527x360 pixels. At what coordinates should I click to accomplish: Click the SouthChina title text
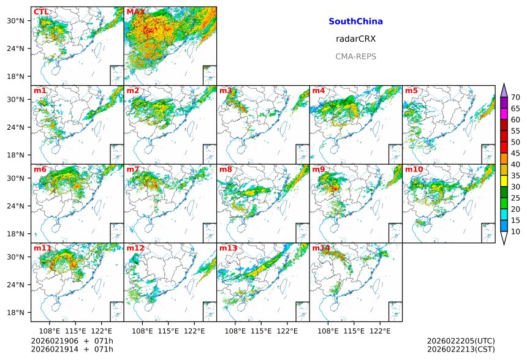(355, 21)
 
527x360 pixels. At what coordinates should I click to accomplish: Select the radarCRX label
(355, 39)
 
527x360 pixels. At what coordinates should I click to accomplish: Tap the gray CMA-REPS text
(355, 56)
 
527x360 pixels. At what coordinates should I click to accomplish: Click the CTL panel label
(41, 12)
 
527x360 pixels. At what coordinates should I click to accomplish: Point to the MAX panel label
(135, 12)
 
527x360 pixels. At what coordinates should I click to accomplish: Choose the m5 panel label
(411, 91)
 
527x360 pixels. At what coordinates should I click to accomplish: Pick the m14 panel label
(321, 249)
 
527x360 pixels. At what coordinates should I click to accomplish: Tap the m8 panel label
(226, 170)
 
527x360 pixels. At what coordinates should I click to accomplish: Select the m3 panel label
(226, 91)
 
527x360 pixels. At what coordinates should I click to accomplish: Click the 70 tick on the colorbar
(515, 97)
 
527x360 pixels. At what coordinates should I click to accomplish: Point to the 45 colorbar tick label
(515, 153)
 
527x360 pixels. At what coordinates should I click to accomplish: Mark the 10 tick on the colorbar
(515, 231)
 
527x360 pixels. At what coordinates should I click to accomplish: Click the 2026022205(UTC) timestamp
(461, 341)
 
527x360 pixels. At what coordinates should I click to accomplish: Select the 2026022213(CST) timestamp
(461, 350)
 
